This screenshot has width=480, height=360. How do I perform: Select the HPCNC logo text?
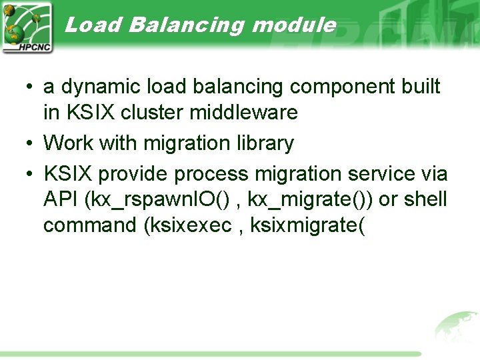(27, 47)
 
